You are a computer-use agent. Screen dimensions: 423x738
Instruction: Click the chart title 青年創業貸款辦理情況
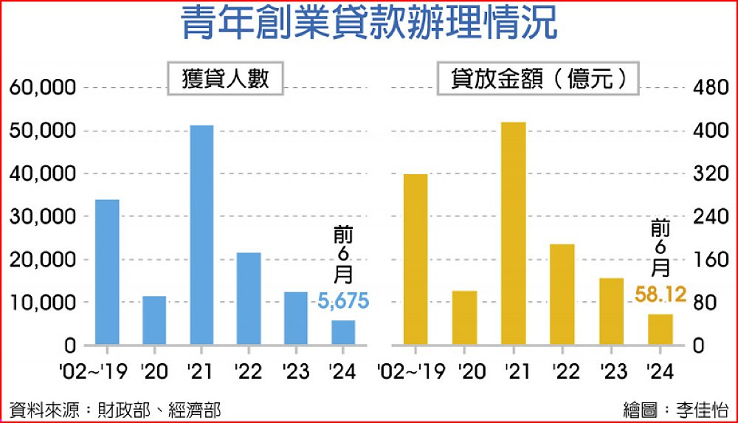[369, 25]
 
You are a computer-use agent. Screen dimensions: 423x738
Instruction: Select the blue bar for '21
[201, 235]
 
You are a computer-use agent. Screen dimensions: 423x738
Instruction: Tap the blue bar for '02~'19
[107, 272]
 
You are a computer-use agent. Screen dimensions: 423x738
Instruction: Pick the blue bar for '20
[154, 320]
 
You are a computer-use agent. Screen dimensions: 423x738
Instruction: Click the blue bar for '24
[343, 332]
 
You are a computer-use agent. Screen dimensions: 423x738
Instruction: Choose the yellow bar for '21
[513, 233]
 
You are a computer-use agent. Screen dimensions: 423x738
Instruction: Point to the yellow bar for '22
[562, 294]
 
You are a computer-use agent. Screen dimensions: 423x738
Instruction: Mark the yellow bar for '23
[611, 311]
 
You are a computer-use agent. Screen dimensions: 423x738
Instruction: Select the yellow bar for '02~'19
[416, 259]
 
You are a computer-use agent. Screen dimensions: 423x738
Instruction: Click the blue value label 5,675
[343, 301]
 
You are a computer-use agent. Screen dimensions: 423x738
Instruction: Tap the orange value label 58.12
[661, 296]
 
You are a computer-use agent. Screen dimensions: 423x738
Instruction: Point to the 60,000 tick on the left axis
[43, 88]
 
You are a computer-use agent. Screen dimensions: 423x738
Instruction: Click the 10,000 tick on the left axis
[43, 303]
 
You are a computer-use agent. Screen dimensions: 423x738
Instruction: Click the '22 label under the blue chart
[248, 371]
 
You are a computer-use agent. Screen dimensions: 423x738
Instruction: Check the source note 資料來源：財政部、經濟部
[115, 409]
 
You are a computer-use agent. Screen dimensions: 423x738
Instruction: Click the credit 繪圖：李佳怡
[673, 409]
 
